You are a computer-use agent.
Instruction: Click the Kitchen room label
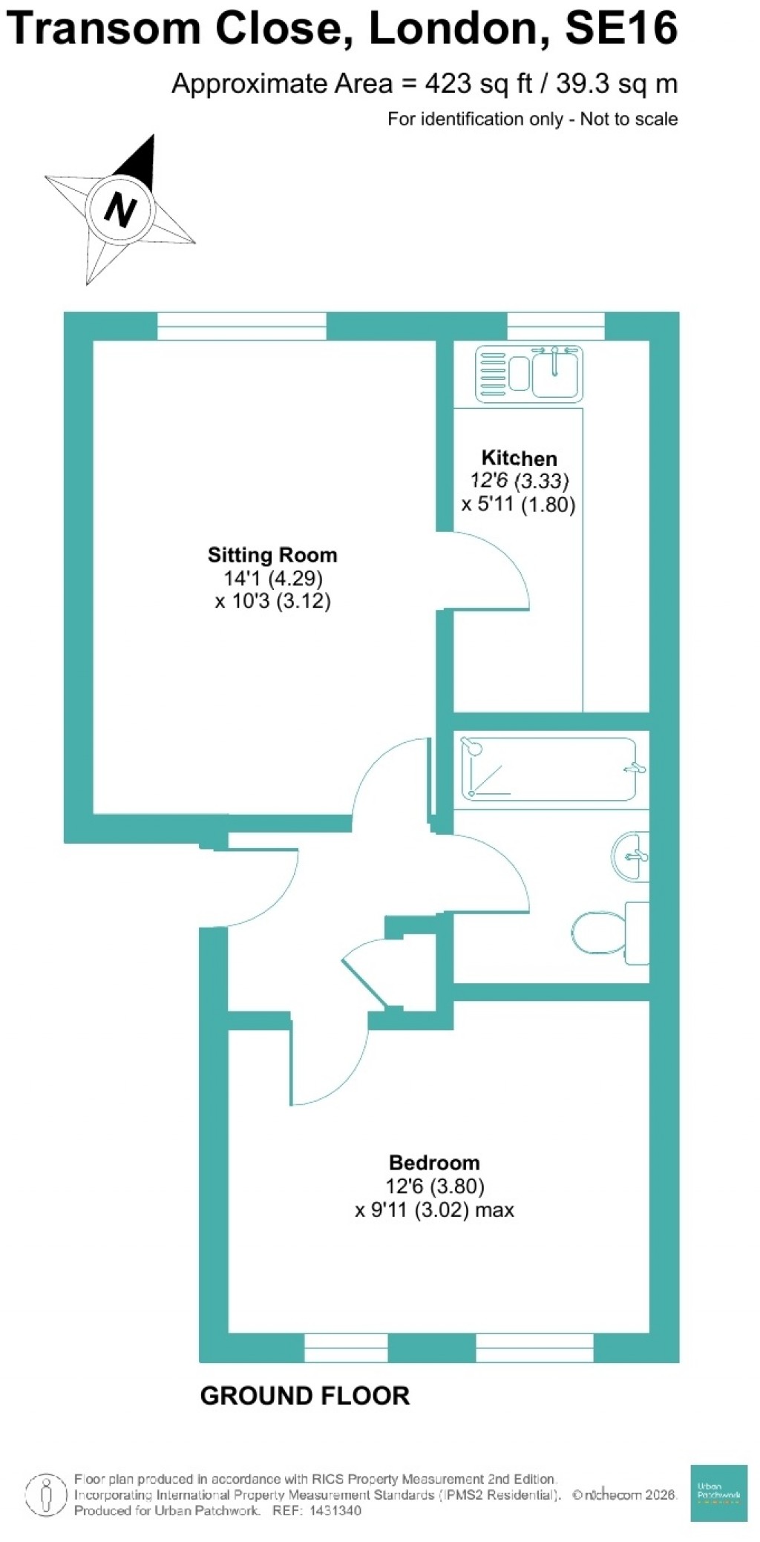pyautogui.click(x=519, y=458)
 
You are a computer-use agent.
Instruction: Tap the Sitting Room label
pyautogui.click(x=272, y=555)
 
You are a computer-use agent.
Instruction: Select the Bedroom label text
pyautogui.click(x=434, y=1163)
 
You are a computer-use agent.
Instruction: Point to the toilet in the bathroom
pyautogui.click(x=609, y=933)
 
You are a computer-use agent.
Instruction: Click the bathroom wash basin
pyautogui.click(x=632, y=856)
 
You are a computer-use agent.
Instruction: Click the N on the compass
pyautogui.click(x=119, y=209)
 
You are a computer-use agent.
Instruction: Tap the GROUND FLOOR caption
pyautogui.click(x=305, y=1396)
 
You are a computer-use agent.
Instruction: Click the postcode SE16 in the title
pyautogui.click(x=621, y=28)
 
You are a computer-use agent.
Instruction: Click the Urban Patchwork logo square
pyautogui.click(x=718, y=1493)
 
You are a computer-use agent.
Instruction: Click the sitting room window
pyautogui.click(x=242, y=327)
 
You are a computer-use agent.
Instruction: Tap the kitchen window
pyautogui.click(x=555, y=326)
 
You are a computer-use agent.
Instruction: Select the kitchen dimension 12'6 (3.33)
pyautogui.click(x=519, y=481)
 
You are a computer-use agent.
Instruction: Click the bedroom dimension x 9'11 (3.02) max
pyautogui.click(x=434, y=1210)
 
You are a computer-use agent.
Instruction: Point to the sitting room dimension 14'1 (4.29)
pyautogui.click(x=273, y=578)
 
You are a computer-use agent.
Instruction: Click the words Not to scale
pyautogui.click(x=629, y=119)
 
